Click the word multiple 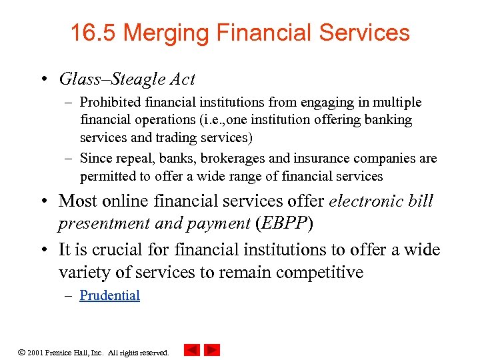(x=397, y=102)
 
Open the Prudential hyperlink (x=109, y=295)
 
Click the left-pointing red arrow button (x=191, y=350)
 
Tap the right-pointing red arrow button (x=212, y=350)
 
